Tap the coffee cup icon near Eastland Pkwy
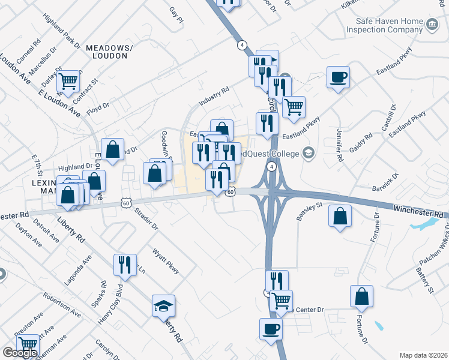pos(338,77)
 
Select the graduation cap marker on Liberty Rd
pos(163,306)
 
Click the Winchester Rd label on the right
pos(421,211)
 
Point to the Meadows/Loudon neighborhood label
pos(107,52)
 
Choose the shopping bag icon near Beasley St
pos(340,216)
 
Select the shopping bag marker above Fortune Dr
pos(361,296)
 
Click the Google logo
pos(20,353)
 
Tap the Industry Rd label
pos(214,96)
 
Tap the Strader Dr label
pos(146,218)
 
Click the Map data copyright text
pos(423,355)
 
